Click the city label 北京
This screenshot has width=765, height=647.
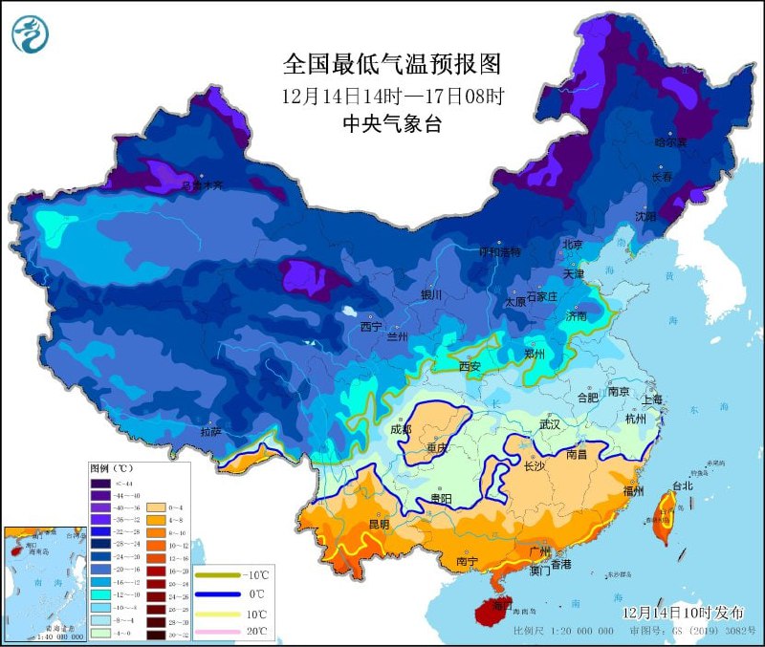point(573,245)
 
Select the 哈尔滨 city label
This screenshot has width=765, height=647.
point(671,142)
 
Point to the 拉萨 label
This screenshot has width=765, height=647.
point(212,432)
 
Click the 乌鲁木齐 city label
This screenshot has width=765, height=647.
point(203,184)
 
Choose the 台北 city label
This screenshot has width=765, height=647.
point(682,485)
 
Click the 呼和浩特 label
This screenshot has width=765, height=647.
point(500,252)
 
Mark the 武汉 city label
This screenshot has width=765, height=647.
point(549,423)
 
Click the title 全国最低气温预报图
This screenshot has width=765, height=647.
point(392,64)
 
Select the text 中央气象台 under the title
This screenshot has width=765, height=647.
point(392,123)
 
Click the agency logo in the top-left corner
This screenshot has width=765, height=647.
point(32,34)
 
